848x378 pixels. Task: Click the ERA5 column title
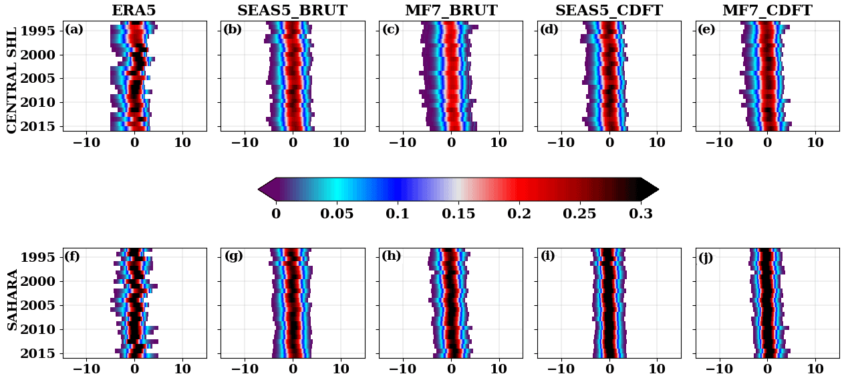[134, 11]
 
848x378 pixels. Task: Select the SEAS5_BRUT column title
[292, 11]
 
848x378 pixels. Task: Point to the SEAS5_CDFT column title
[609, 11]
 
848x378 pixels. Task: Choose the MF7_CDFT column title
[767, 11]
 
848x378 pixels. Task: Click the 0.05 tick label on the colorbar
[337, 214]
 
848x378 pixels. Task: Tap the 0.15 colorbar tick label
[458, 214]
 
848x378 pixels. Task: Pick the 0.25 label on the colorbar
[580, 214]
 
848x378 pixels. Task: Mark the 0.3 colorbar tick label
[641, 214]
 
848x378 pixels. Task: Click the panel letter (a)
[74, 29]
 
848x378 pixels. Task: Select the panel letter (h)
[391, 256]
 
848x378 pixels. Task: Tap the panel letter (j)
[706, 257]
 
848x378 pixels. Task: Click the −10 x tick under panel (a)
[86, 368]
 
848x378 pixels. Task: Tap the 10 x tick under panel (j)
[815, 368]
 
